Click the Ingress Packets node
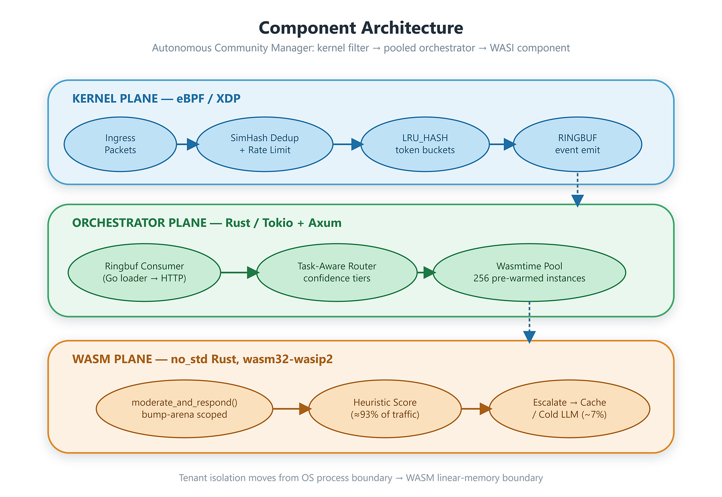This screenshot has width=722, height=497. click(x=120, y=144)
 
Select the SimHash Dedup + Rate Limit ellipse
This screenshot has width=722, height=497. click(x=265, y=144)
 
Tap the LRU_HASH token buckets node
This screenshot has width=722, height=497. click(x=425, y=144)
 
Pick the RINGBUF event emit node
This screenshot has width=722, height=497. click(x=577, y=144)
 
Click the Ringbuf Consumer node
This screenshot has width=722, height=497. click(x=144, y=272)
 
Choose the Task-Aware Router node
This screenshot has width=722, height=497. click(x=337, y=272)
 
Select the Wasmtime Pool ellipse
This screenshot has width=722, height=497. click(x=529, y=272)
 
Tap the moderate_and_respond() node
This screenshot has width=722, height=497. click(x=184, y=408)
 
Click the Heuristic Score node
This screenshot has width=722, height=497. click(x=385, y=408)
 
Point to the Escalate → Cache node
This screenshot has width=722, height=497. click(x=570, y=408)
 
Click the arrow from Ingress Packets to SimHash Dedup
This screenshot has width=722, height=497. click(x=187, y=144)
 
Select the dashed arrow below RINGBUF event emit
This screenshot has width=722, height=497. click(x=577, y=190)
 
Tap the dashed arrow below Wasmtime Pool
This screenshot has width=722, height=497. click(x=529, y=323)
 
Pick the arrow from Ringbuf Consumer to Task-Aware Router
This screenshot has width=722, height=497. click(x=240, y=272)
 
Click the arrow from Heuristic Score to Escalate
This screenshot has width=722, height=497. click(x=476, y=408)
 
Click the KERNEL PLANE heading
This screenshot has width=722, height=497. click(x=156, y=98)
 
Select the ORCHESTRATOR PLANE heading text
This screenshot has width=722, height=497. click(x=207, y=222)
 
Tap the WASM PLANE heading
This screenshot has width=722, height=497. click(x=202, y=359)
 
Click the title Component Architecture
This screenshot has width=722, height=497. click(x=361, y=27)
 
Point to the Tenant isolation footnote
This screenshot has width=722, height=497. click(x=361, y=477)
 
